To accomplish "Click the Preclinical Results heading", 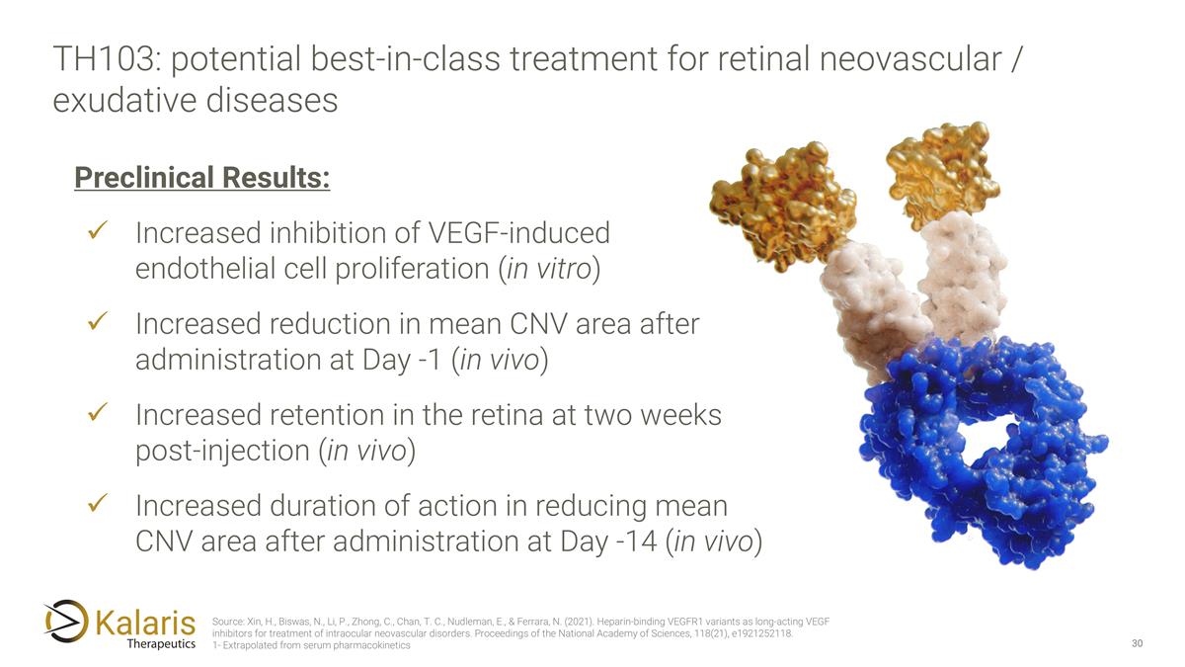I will [201, 178].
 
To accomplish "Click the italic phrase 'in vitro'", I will [548, 270].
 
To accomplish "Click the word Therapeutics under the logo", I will [161, 644].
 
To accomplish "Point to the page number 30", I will [1137, 644].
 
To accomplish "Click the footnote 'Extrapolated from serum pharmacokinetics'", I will [315, 646].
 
